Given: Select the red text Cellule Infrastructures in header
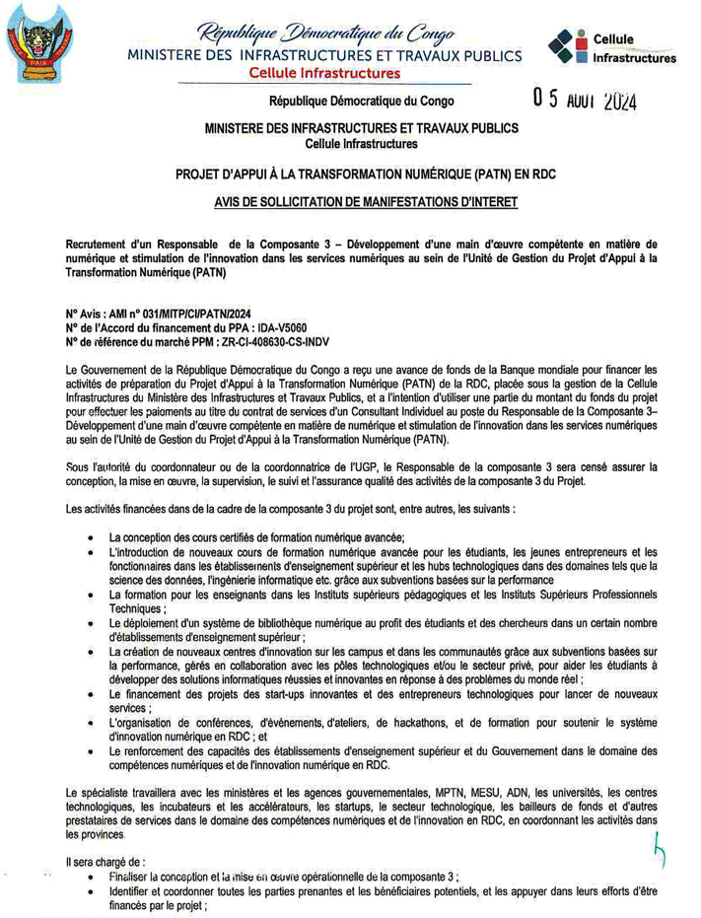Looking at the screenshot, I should coord(324,74).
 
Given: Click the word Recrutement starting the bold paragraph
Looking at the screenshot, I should coord(104,241).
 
